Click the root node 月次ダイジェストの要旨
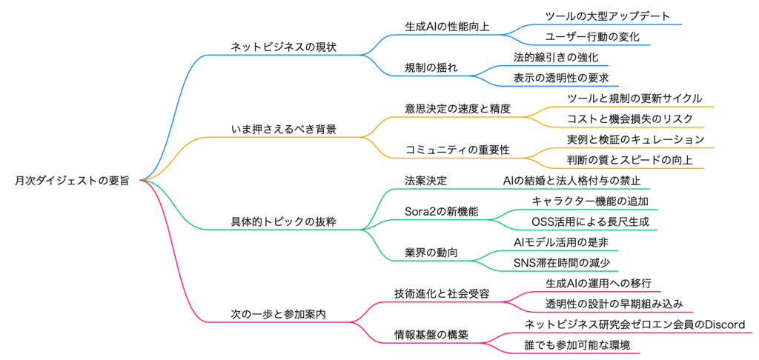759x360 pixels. coord(71,180)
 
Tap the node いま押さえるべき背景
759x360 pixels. coord(284,130)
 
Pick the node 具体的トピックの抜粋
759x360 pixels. coord(284,221)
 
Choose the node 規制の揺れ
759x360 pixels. coord(431,67)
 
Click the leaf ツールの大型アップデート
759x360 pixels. coord(608,16)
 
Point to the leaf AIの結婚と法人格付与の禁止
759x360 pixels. coord(571,181)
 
